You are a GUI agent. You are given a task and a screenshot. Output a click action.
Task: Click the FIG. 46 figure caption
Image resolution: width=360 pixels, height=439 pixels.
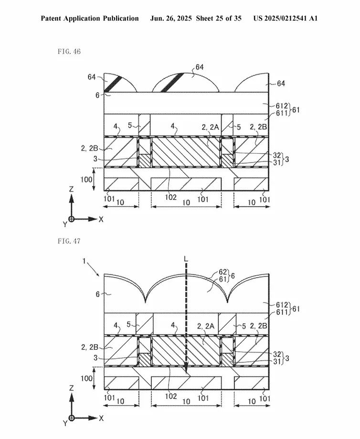(x=69, y=51)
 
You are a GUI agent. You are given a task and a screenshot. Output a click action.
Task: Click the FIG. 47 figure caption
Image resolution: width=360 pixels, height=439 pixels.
(x=69, y=241)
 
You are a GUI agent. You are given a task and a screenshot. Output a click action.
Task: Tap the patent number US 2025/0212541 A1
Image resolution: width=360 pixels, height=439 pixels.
(x=286, y=19)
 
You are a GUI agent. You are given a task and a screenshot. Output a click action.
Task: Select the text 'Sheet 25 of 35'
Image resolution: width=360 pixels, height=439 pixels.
(x=219, y=19)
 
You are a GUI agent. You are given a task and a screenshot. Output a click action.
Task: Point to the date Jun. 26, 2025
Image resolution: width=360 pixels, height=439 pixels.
(x=171, y=19)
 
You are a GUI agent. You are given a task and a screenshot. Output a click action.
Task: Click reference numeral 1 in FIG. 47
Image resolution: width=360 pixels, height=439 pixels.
(x=84, y=261)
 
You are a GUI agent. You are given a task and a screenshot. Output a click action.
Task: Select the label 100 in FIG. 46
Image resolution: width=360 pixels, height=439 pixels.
(x=86, y=179)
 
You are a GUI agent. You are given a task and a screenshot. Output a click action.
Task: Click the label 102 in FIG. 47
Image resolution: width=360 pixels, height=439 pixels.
(x=170, y=396)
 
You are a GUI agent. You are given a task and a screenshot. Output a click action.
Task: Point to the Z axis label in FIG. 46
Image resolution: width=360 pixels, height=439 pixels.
(x=72, y=189)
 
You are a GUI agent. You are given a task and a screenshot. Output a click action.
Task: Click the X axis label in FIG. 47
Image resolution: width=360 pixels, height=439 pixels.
(x=101, y=418)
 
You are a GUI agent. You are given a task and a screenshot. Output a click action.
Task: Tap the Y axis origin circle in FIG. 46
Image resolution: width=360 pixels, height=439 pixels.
(x=72, y=219)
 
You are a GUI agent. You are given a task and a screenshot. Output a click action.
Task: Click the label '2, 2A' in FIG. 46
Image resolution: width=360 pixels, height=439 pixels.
(x=210, y=127)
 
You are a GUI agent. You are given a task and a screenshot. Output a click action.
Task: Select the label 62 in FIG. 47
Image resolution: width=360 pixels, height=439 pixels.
(x=222, y=272)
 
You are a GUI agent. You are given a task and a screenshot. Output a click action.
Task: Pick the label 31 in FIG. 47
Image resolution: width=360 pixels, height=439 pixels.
(x=277, y=361)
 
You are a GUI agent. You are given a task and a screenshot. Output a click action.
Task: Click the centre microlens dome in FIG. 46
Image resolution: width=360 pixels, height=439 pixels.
(x=185, y=83)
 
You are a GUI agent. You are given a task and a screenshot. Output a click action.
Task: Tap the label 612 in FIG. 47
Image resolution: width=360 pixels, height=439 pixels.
(x=282, y=305)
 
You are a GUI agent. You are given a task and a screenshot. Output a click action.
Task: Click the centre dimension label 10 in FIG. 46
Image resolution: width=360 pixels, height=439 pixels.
(x=186, y=202)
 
